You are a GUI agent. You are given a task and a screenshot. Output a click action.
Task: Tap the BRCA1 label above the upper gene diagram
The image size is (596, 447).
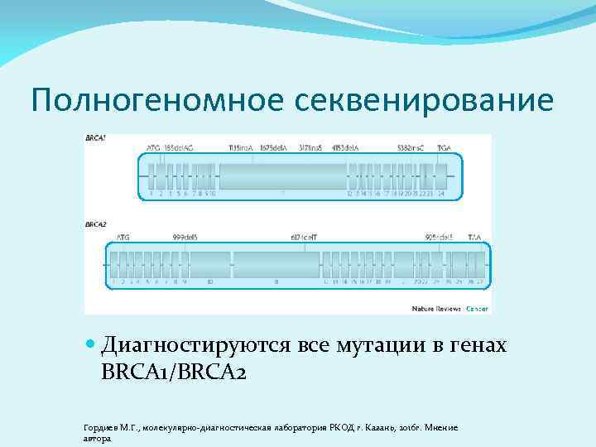[96, 137]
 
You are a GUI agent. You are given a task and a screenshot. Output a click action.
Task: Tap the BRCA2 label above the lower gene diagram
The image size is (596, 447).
[96, 224]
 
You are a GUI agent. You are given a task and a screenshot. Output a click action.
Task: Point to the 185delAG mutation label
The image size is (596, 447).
[179, 147]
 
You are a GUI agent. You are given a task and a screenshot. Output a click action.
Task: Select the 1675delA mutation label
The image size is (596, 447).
[273, 147]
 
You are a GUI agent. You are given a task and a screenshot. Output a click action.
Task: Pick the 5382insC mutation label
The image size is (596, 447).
[410, 147]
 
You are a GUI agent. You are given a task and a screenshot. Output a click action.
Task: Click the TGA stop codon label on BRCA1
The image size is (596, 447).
[445, 147]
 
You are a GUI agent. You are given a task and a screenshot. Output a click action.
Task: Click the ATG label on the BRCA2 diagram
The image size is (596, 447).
[123, 237]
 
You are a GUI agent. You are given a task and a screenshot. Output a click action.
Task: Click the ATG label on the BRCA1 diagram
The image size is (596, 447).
[153, 147]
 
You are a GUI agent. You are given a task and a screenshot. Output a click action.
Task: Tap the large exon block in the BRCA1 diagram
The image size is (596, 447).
[282, 176]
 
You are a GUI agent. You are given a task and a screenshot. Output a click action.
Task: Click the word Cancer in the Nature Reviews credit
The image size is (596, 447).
[477, 308]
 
